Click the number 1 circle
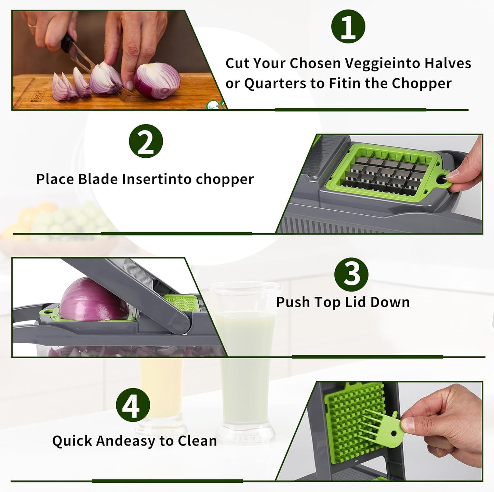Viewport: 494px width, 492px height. (x=348, y=27)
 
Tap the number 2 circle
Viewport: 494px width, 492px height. (x=146, y=141)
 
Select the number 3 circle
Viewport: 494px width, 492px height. (x=351, y=273)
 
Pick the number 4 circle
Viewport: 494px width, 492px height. (x=133, y=405)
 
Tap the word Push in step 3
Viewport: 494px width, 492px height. (x=293, y=303)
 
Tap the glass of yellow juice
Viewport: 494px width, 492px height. (x=161, y=393)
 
